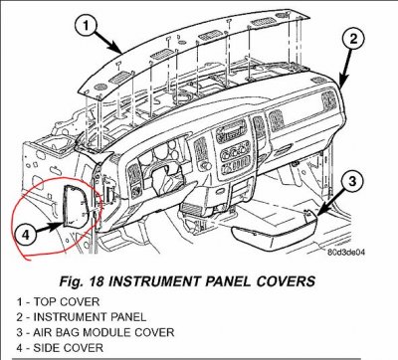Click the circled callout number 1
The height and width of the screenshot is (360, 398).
(87, 26)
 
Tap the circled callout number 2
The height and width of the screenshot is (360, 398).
(353, 40)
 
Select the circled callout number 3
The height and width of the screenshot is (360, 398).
(352, 181)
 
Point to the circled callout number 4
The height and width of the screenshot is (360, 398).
(26, 235)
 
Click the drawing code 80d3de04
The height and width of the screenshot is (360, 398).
(346, 253)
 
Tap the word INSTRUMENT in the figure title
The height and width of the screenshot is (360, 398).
(153, 281)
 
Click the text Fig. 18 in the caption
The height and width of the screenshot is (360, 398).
(82, 281)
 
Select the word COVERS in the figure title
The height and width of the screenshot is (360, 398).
(286, 281)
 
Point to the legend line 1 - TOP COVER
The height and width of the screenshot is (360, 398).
(58, 302)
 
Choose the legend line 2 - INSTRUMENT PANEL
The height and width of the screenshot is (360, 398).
(82, 317)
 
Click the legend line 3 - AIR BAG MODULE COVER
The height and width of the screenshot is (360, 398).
(96, 332)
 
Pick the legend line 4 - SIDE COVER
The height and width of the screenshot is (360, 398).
(60, 348)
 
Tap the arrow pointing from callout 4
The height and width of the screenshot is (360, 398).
(49, 228)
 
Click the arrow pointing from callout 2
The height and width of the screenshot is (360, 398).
(346, 69)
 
